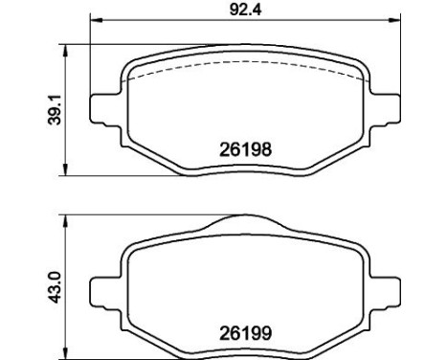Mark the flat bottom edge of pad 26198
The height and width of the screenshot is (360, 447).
pyautogui.click(x=245, y=173)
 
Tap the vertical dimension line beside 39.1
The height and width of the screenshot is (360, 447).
pyautogui.click(x=65, y=134)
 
